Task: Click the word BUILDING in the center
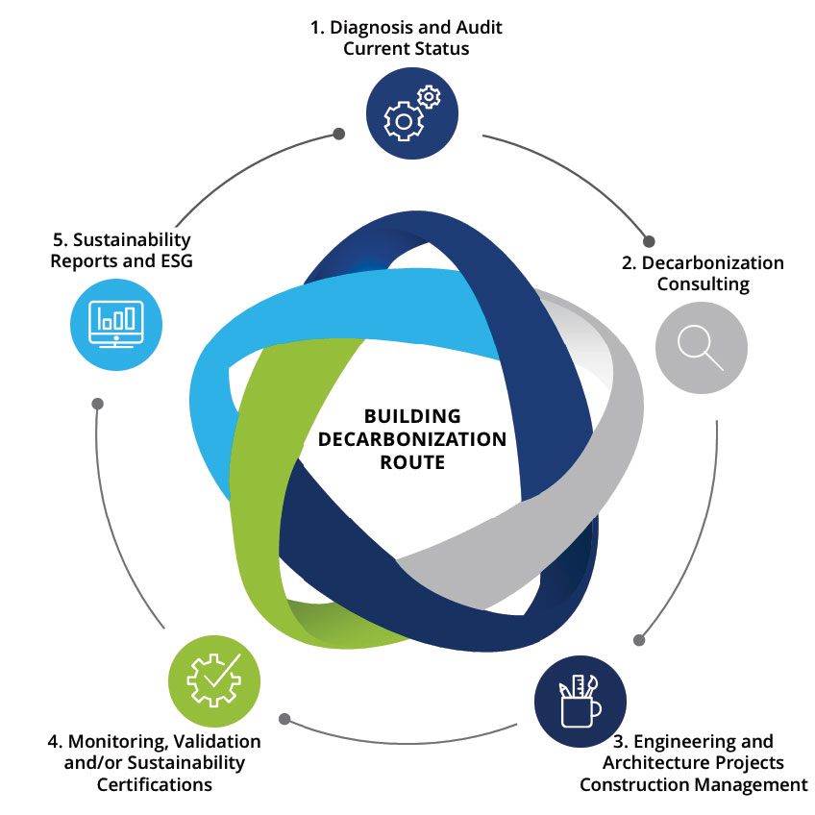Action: [x=412, y=416]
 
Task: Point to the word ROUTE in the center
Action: [x=412, y=462]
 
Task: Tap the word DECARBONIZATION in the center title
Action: [x=412, y=439]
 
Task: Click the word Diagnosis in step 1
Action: [x=379, y=28]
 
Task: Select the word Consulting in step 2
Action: [x=703, y=284]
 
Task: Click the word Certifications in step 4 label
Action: [x=154, y=784]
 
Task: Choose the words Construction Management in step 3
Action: [x=693, y=784]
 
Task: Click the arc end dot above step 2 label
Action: [x=648, y=241]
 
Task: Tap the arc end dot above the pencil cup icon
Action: [x=639, y=638]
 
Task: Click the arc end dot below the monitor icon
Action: [x=96, y=404]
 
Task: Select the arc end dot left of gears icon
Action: [x=338, y=134]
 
